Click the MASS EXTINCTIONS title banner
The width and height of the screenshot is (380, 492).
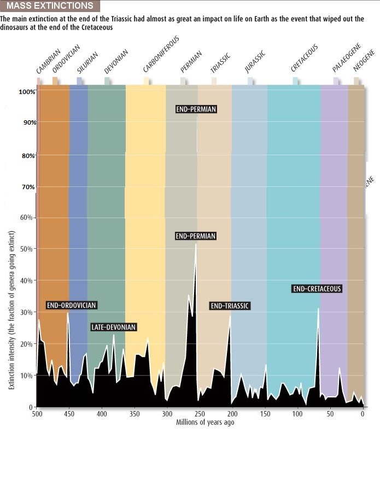(x=50, y=7)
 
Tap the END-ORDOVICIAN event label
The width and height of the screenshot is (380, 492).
(x=72, y=305)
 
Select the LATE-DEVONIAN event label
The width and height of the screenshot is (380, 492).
(x=113, y=327)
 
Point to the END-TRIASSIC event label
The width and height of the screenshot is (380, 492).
(x=230, y=306)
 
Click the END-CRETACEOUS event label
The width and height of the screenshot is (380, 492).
(x=317, y=289)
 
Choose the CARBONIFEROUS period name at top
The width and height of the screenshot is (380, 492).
(x=161, y=55)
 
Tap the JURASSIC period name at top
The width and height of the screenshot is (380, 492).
(x=255, y=62)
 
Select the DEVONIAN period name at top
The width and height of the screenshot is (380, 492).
(x=116, y=62)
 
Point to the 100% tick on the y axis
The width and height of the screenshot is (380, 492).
(x=27, y=92)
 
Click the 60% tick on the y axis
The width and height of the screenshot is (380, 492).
(x=28, y=218)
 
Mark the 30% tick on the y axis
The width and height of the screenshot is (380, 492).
(x=28, y=312)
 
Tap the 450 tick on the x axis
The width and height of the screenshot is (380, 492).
(x=69, y=414)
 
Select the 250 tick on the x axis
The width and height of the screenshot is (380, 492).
(x=200, y=414)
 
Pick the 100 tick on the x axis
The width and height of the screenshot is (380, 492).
(x=297, y=414)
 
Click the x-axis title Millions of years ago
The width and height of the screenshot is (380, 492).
(x=205, y=423)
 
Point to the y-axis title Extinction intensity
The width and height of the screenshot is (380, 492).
(x=11, y=311)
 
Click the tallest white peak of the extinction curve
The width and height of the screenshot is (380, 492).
(x=196, y=244)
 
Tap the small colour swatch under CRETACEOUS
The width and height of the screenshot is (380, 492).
(x=296, y=81)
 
